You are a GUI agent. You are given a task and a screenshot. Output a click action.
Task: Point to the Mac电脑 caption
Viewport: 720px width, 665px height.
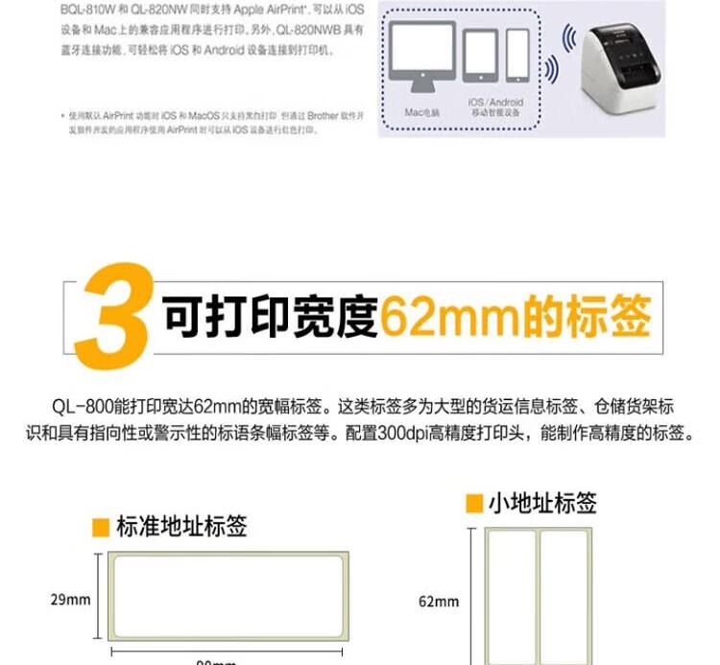(x=420, y=112)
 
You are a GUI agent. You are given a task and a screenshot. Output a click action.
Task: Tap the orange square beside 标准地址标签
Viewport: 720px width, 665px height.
(x=101, y=527)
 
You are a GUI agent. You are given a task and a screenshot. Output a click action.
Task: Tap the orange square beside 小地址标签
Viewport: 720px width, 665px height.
(x=473, y=503)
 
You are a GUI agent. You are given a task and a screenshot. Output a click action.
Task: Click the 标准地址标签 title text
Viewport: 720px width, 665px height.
(x=181, y=527)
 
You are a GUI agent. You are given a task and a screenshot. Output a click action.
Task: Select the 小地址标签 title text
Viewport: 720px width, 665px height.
(x=542, y=503)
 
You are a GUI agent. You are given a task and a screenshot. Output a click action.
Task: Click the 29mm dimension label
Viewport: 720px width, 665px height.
(x=70, y=600)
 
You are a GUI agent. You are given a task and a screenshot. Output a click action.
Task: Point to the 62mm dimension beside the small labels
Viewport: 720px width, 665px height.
(x=439, y=602)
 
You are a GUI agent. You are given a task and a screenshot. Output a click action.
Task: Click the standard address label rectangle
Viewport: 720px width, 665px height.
(x=228, y=597)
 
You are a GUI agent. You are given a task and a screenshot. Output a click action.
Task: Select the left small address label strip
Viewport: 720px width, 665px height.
(x=511, y=595)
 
